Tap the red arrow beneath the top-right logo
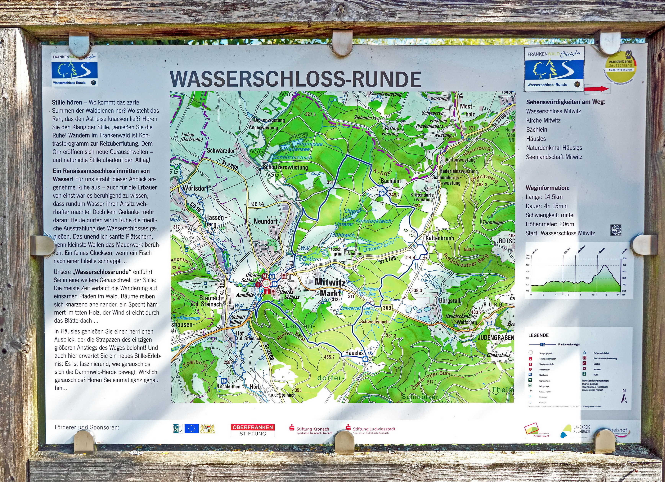point(596,89)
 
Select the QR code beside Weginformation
point(616,230)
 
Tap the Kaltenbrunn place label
point(439,238)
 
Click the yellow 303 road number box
point(387,307)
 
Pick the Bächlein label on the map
point(391,181)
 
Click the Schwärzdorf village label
point(222,150)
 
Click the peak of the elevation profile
point(605,266)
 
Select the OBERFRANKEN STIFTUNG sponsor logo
point(253,430)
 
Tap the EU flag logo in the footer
point(191,429)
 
